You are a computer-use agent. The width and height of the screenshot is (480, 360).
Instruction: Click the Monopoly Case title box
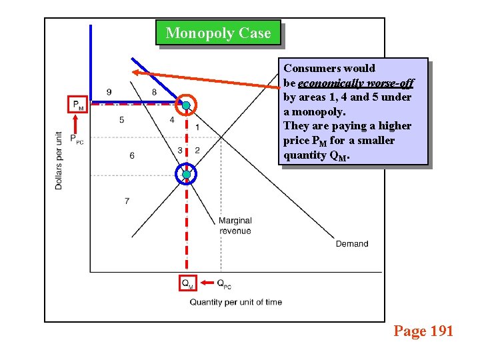(218, 33)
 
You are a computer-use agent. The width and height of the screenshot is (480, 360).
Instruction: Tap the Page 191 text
(423, 331)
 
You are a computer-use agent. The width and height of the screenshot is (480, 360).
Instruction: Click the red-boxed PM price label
(78, 105)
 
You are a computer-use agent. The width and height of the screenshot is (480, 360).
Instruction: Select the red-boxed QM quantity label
(188, 283)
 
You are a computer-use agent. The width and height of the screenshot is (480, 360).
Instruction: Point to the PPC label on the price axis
(77, 139)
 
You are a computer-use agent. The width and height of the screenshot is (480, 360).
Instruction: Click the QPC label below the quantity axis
(224, 283)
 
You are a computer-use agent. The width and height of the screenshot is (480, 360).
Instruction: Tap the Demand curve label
(351, 244)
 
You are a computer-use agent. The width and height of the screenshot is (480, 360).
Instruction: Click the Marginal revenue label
(235, 226)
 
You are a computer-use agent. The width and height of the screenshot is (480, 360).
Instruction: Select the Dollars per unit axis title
(59, 160)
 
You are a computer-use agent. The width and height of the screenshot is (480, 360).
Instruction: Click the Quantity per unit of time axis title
(235, 302)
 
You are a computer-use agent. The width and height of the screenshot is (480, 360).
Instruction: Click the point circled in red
(187, 105)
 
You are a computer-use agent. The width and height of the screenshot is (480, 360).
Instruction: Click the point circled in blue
(187, 175)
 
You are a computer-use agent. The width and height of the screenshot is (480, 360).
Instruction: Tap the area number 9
(109, 91)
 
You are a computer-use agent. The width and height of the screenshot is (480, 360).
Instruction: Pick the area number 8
(154, 92)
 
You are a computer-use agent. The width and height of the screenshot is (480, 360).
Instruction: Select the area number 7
(127, 201)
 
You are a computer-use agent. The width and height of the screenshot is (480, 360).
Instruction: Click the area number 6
(131, 155)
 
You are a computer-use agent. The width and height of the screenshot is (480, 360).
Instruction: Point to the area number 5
(121, 120)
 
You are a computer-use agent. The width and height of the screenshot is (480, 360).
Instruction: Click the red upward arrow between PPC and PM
(77, 123)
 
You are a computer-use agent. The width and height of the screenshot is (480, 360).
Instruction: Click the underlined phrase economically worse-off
(355, 83)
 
